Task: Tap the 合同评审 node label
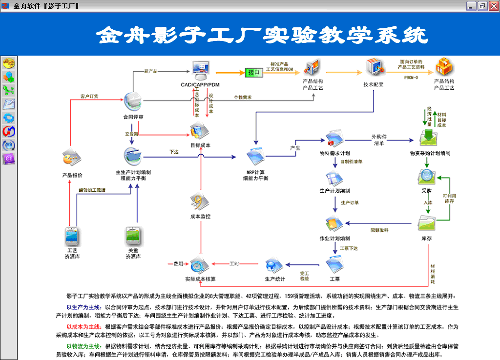133,117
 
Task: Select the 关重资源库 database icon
133,236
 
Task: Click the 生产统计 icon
274,266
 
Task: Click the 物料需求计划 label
334,153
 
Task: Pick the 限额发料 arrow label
379,230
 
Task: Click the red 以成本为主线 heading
83,326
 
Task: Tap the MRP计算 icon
256,157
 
